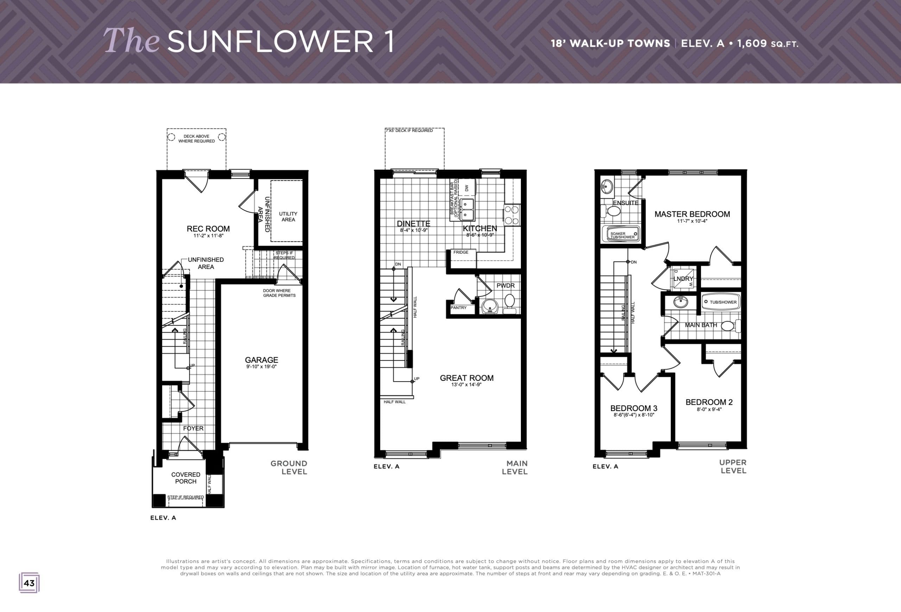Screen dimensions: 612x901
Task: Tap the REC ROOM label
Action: pyautogui.click(x=208, y=229)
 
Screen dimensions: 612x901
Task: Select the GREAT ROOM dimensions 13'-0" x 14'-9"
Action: pyautogui.click(x=466, y=385)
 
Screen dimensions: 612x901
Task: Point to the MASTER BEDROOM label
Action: pyautogui.click(x=692, y=214)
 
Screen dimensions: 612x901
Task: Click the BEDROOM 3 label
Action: pyautogui.click(x=634, y=408)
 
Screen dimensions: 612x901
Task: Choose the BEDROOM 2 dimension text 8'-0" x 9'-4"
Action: pyautogui.click(x=709, y=409)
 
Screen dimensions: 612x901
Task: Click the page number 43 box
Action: pyautogui.click(x=29, y=583)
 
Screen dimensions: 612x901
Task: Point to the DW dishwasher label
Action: pyautogui.click(x=467, y=188)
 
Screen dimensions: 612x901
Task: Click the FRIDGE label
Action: pyautogui.click(x=461, y=252)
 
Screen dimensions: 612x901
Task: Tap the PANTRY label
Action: pyautogui.click(x=459, y=308)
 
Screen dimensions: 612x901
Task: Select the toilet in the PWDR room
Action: pyautogui.click(x=509, y=303)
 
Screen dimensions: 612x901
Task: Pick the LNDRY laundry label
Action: pyautogui.click(x=683, y=279)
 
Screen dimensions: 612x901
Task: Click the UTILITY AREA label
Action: pyautogui.click(x=288, y=217)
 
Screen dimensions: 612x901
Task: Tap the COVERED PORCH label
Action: pyautogui.click(x=186, y=478)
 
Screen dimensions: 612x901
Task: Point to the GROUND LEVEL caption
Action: pyautogui.click(x=289, y=467)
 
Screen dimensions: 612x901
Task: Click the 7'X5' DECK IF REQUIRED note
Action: pyautogui.click(x=409, y=131)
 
